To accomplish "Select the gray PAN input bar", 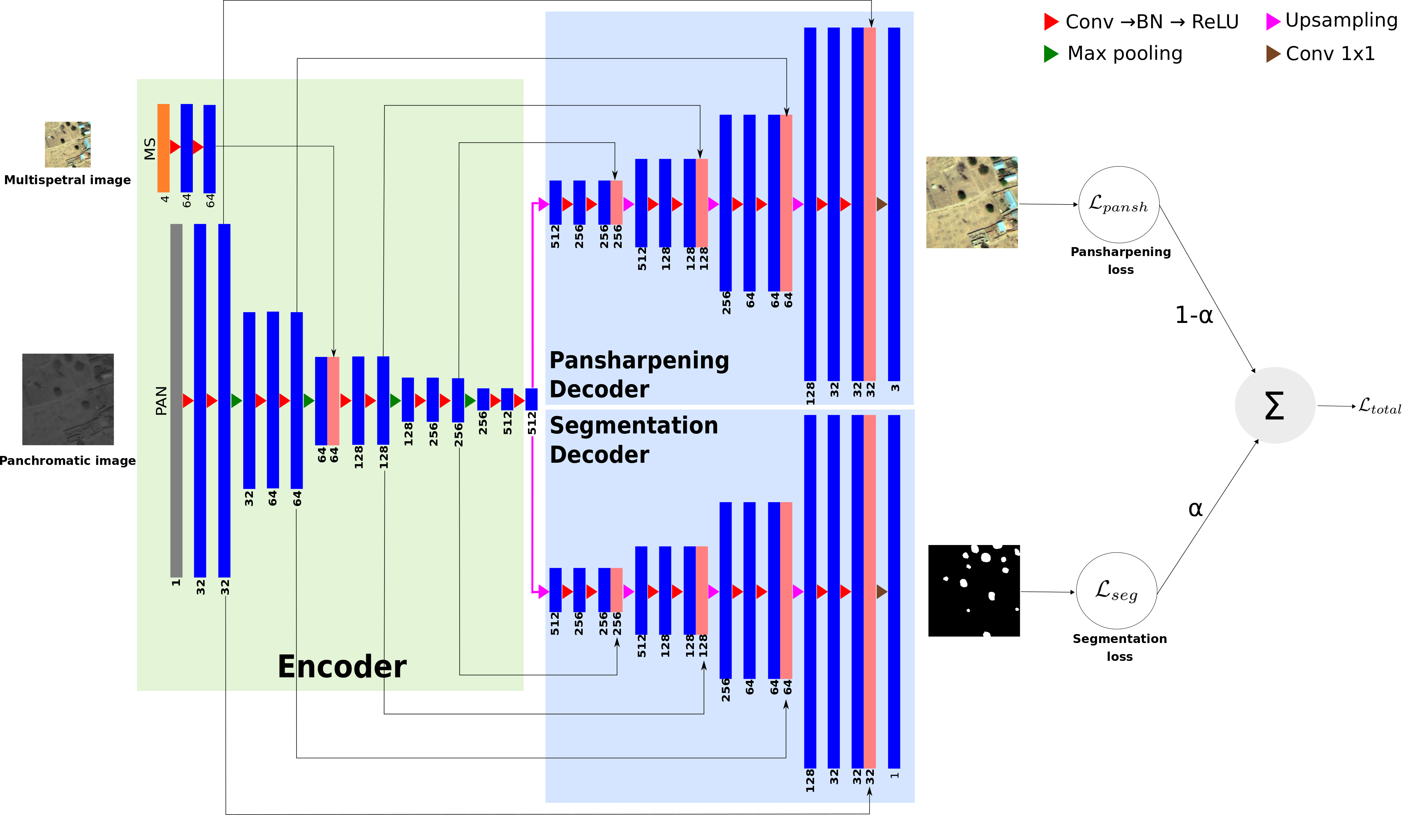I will pos(176,400).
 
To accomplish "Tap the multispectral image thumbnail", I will pos(68,144).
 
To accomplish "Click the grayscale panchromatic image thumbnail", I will pos(68,399).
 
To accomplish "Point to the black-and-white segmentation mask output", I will pos(974,590).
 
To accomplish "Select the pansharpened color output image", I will pos(972,202).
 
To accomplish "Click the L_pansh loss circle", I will pos(1118,205).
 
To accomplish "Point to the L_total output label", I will pos(1379,406).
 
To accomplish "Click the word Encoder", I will pos(342,667).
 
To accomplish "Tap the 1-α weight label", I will pos(1194,315).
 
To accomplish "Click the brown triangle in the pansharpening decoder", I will pos(881,204).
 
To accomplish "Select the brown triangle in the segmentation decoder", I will pos(881,591).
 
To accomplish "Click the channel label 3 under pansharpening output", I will pos(895,387).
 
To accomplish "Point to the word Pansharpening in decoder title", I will pos(639,361).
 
